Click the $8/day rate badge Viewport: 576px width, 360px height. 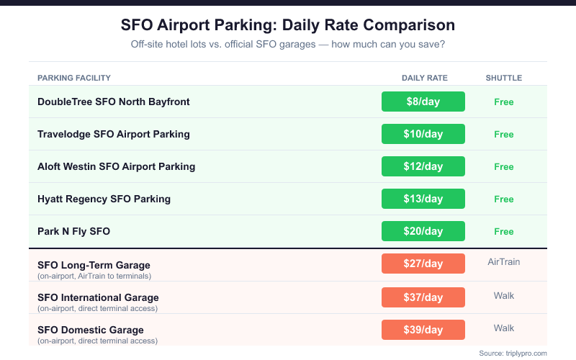[x=423, y=102]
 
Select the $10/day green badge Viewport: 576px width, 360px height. [x=423, y=134]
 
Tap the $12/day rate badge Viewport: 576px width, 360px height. [x=423, y=166]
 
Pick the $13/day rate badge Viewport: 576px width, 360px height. [x=423, y=199]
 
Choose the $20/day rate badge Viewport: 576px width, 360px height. [x=423, y=231]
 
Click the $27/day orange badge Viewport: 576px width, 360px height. [x=423, y=264]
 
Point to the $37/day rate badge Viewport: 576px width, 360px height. [x=423, y=297]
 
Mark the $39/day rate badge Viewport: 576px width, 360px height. [x=423, y=329]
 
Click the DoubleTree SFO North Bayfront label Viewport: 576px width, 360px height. [x=114, y=102]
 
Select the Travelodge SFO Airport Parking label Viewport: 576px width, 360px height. [x=114, y=134]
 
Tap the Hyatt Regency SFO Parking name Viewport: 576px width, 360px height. [x=104, y=199]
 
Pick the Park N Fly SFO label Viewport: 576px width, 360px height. [x=73, y=231]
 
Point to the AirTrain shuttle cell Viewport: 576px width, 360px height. [x=504, y=262]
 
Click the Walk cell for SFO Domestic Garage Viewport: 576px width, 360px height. [x=504, y=328]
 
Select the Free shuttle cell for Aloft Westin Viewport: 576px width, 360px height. [x=504, y=166]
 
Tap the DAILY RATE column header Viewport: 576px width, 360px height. [x=425, y=78]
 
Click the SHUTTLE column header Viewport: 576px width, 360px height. [x=504, y=78]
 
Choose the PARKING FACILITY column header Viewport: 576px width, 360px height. [x=74, y=78]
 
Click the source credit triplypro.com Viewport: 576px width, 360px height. [x=513, y=353]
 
